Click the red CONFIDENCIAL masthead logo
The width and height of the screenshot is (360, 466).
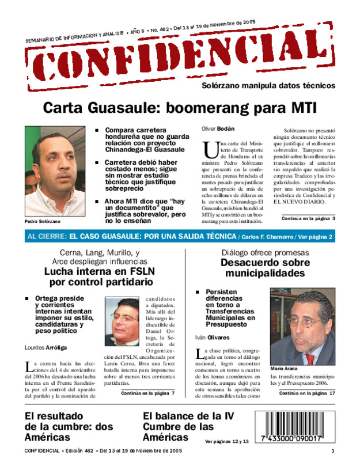[179, 60]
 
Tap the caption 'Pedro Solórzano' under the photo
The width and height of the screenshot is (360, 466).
[42, 222]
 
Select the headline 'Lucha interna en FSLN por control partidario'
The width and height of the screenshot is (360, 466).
[101, 276]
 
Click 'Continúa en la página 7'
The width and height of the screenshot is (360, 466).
[147, 393]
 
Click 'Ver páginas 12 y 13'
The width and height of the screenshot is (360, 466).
[227, 441]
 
